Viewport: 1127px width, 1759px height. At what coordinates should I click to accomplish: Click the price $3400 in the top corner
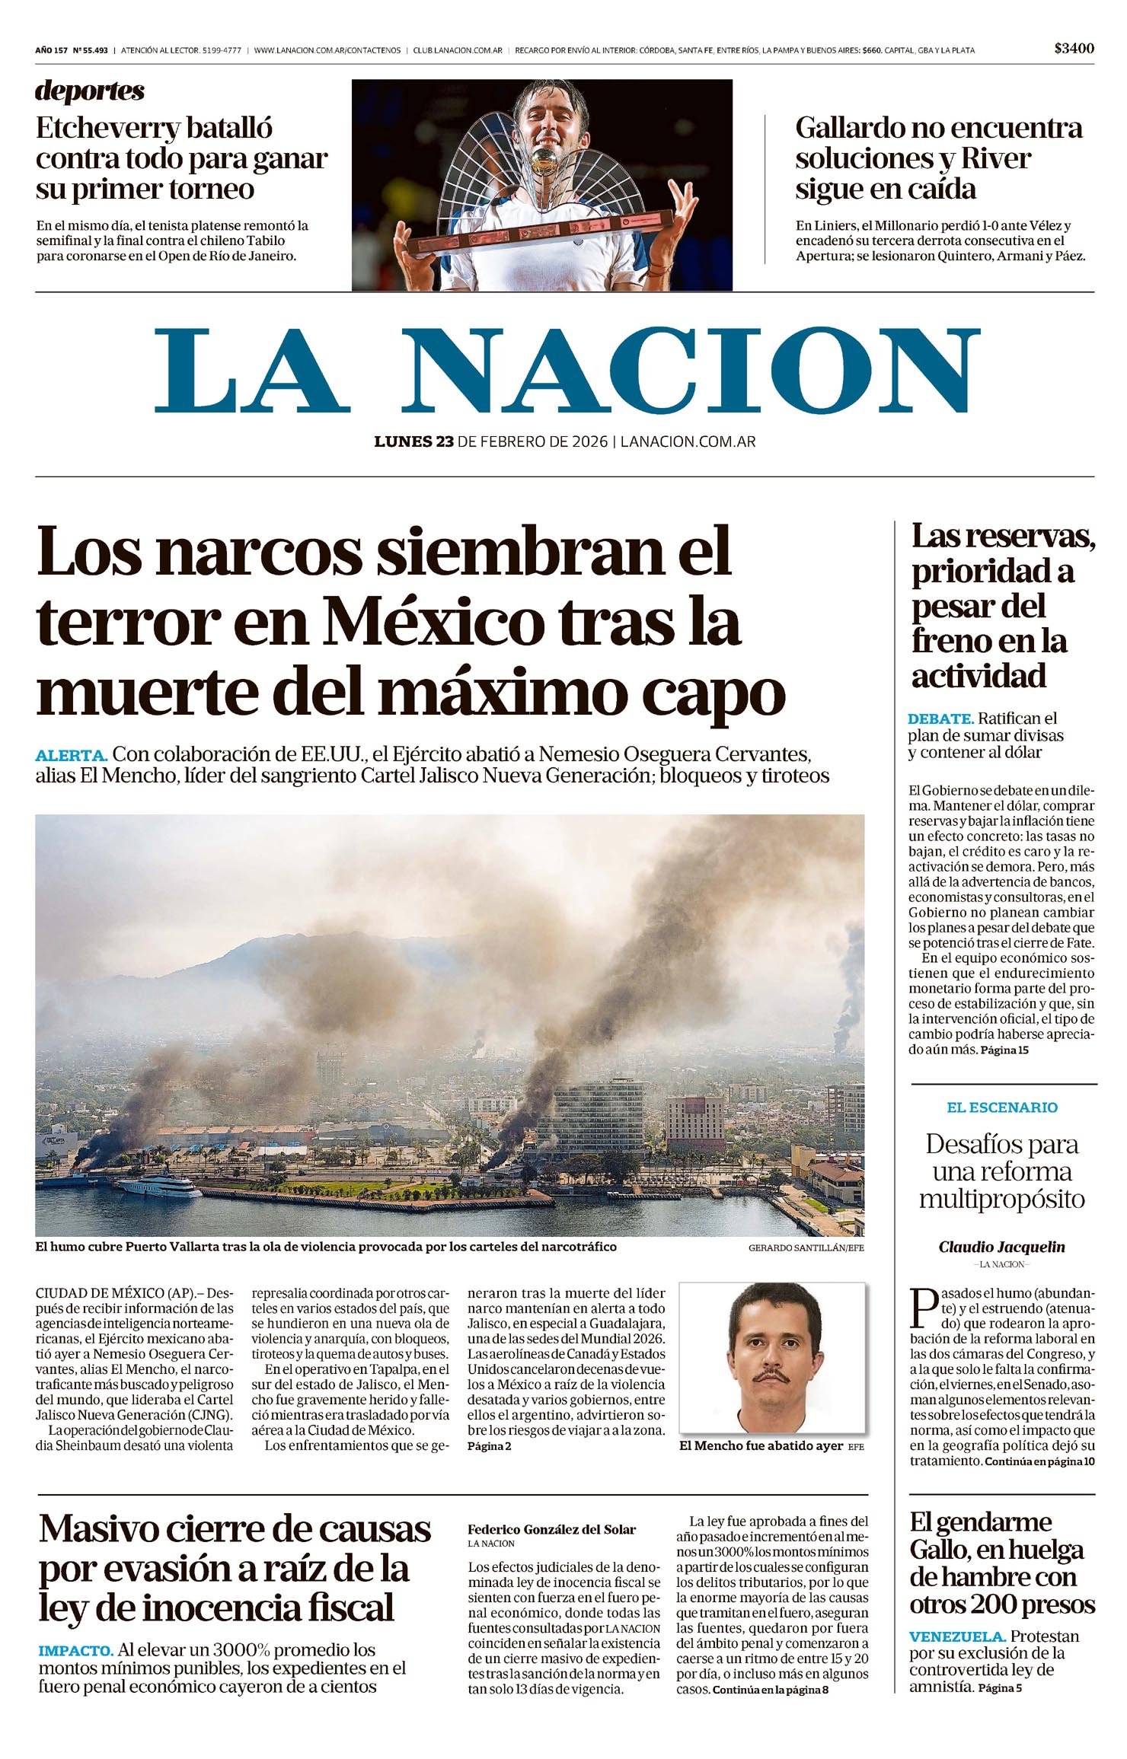(x=1074, y=49)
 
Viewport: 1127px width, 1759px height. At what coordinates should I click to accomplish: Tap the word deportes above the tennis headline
(x=89, y=91)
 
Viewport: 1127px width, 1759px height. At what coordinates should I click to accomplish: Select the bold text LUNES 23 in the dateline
(x=414, y=441)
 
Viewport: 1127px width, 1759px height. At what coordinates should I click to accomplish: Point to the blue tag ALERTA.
(x=71, y=756)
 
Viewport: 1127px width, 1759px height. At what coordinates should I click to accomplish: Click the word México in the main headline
(x=431, y=623)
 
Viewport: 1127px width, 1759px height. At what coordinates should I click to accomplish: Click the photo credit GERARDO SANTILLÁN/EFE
(x=806, y=1248)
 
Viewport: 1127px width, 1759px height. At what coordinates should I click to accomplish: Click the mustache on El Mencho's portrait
(x=771, y=1375)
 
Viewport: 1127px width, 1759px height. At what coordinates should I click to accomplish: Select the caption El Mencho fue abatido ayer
(x=761, y=1445)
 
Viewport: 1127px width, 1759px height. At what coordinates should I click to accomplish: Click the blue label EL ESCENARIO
(x=1002, y=1107)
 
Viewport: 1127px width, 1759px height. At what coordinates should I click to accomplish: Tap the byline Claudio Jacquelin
(x=1002, y=1247)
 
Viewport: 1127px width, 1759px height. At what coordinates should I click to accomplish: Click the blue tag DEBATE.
(x=940, y=719)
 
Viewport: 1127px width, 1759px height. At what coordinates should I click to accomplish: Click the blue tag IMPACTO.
(x=75, y=1651)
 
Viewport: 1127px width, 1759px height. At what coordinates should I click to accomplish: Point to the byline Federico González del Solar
(x=551, y=1529)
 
